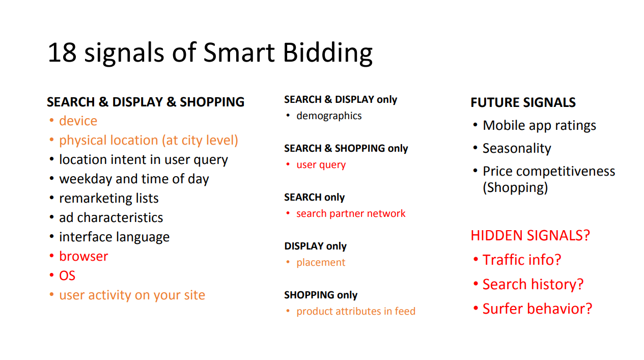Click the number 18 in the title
click(62, 52)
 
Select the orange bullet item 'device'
click(78, 121)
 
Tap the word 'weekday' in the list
click(86, 179)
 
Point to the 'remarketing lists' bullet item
click(108, 198)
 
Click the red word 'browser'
click(83, 256)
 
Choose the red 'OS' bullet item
click(67, 275)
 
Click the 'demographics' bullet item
click(329, 116)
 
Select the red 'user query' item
click(321, 165)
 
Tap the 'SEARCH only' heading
click(314, 197)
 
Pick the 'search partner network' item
click(351, 214)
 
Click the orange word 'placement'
click(321, 263)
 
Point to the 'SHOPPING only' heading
click(321, 295)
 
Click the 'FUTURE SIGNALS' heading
click(523, 102)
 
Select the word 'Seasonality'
click(517, 149)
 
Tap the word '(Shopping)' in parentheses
click(515, 188)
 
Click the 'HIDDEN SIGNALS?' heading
click(530, 235)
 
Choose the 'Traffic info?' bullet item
click(521, 260)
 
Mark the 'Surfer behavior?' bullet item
click(537, 309)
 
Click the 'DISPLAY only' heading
click(316, 246)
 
